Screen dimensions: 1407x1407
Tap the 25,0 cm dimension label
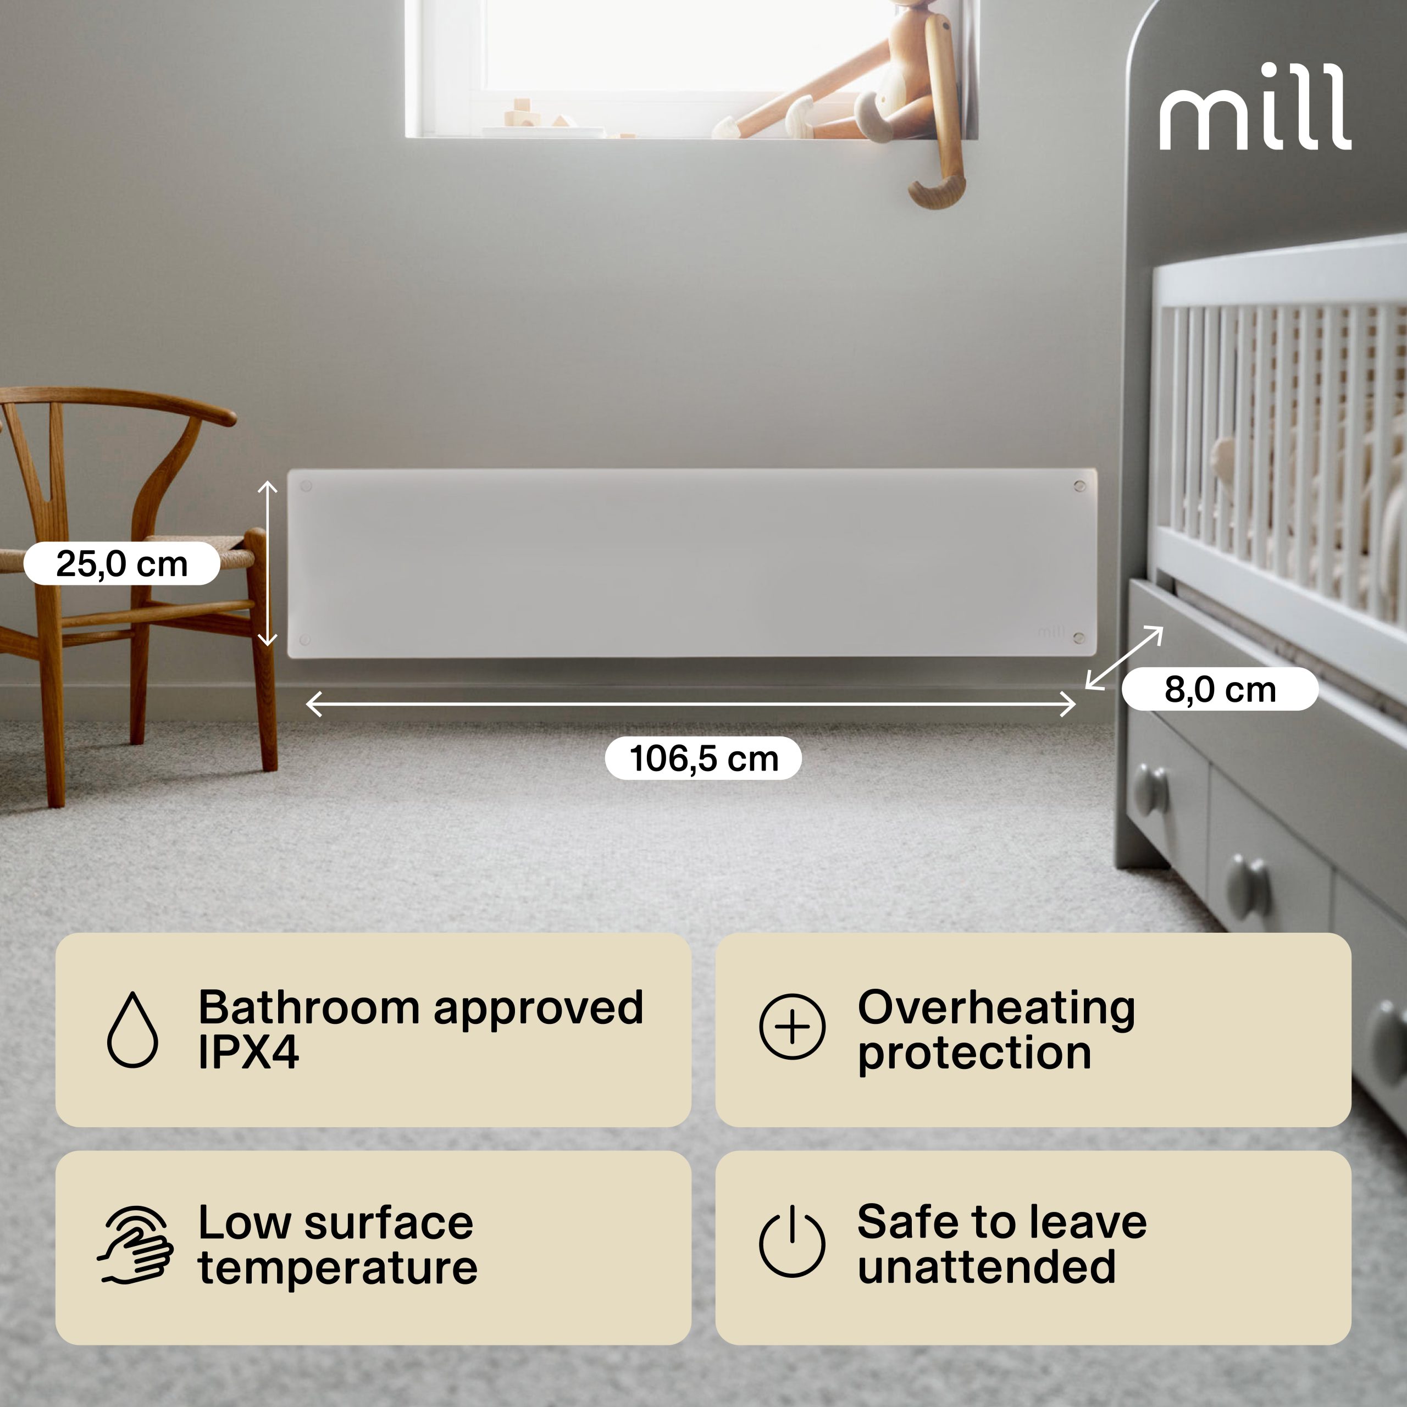coord(121,564)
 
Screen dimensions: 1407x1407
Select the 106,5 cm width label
coord(703,758)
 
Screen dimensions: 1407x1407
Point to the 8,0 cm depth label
coord(1220,689)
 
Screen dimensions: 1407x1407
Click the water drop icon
coord(132,1029)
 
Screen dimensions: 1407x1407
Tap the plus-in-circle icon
coord(793,1027)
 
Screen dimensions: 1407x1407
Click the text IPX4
coord(248,1053)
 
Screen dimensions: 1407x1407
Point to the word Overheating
coord(996,1008)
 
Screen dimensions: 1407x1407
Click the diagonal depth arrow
coord(1124,658)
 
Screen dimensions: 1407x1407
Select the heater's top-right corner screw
coord(1079,486)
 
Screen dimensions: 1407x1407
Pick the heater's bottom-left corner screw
coord(305,640)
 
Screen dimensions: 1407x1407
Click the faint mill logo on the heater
coord(1051,632)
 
